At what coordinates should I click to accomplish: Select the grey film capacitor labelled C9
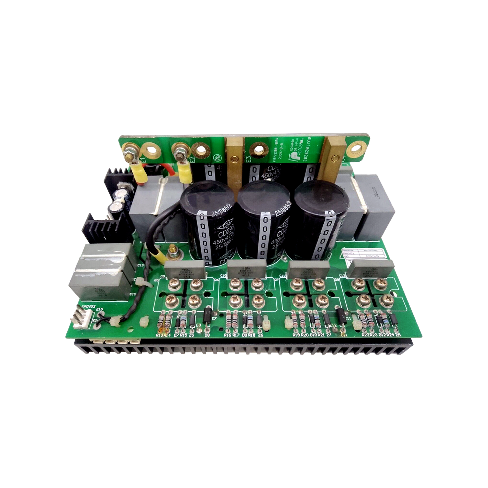[186, 270]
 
